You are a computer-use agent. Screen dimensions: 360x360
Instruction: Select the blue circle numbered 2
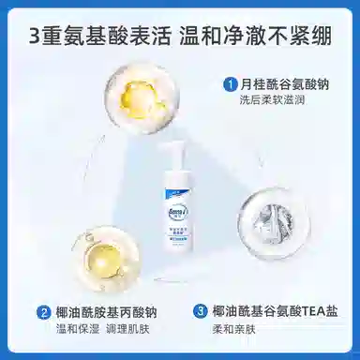coord(43,311)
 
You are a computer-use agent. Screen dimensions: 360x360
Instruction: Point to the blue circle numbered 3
coord(200,311)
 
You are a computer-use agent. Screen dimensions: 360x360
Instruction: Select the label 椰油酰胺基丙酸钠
coord(97,311)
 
